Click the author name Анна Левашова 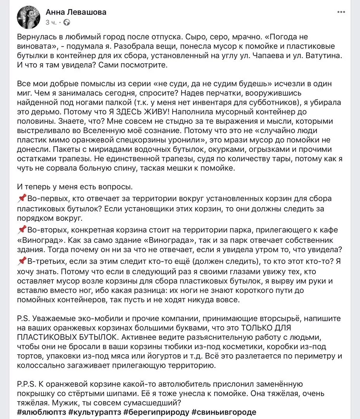point(76,12)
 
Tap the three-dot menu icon point(341,12)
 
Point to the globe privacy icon point(66,23)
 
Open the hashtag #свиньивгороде point(224,412)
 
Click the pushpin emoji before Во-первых point(22,199)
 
